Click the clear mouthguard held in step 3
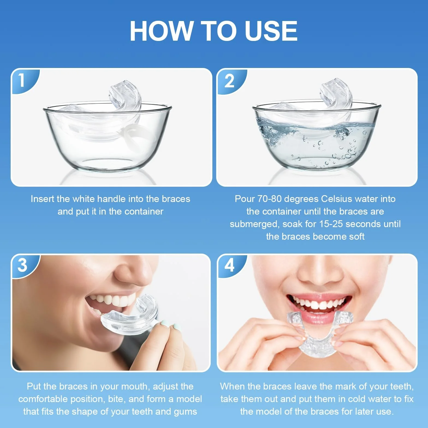(x=128, y=314)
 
